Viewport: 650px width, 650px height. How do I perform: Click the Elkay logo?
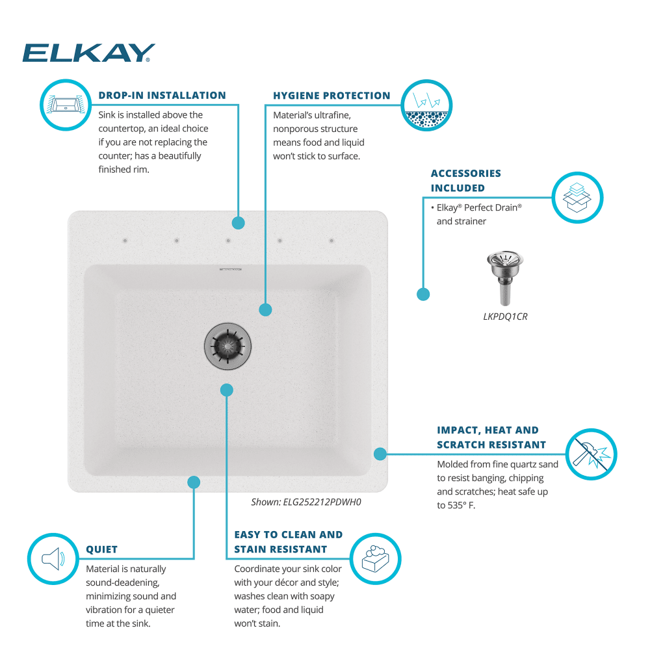point(88,53)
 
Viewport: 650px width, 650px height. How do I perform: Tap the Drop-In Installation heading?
point(162,96)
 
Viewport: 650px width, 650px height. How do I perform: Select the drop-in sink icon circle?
point(65,103)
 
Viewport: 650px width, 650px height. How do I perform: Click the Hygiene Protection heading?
point(331,96)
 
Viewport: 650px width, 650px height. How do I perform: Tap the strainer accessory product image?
point(500,278)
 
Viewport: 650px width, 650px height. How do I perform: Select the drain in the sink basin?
point(227,345)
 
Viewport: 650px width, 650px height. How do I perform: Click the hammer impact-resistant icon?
point(591,454)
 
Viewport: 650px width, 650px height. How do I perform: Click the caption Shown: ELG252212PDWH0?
point(305,502)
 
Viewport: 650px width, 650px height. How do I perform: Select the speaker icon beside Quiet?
point(53,558)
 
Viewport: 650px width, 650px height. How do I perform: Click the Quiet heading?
point(102,549)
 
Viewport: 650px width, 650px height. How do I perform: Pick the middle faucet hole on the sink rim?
point(228,241)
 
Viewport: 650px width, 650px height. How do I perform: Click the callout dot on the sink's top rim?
point(238,223)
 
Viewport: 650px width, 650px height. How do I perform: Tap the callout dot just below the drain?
point(226,390)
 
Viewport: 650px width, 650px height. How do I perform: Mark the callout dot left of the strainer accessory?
point(423,294)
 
